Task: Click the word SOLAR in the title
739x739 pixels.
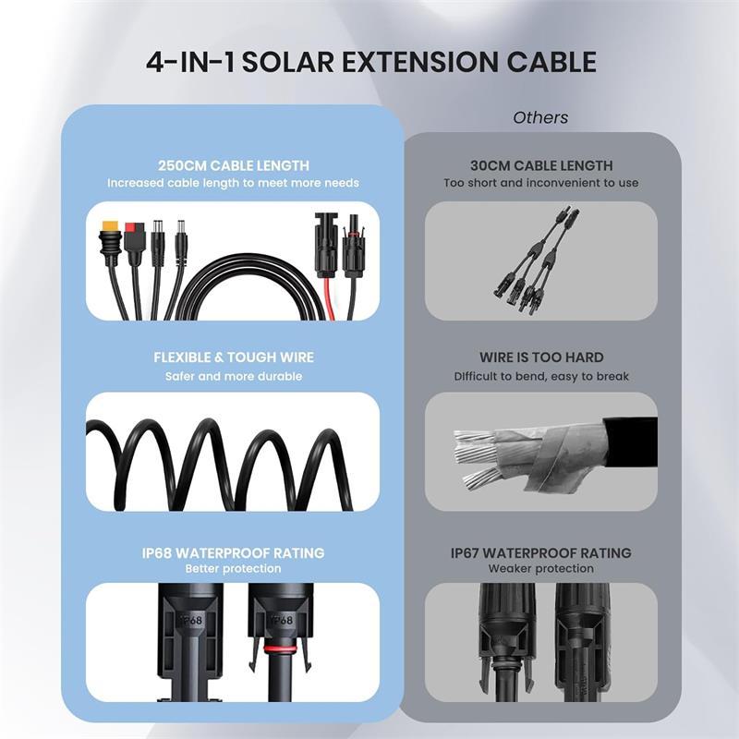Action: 287,62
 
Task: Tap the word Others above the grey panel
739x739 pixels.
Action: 540,117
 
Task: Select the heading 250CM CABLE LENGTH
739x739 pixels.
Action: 234,165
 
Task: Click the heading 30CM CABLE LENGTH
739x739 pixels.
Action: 541,165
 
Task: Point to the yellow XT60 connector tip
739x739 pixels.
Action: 109,227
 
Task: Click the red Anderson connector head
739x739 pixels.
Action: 134,230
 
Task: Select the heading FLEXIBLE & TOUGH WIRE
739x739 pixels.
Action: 234,357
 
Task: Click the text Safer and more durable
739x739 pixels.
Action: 234,376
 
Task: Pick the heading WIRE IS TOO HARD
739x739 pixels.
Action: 541,357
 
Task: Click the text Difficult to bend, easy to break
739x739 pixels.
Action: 541,376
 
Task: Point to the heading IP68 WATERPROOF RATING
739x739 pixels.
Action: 234,552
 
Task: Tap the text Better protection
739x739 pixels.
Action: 234,568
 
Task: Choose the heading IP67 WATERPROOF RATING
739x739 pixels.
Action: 541,552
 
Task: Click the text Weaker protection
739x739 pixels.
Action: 541,568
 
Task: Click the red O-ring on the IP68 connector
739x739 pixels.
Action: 282,650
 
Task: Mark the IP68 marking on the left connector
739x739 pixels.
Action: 191,620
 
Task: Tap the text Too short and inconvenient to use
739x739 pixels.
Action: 541,183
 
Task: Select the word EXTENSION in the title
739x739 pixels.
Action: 420,62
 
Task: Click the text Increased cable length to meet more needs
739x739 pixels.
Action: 234,183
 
